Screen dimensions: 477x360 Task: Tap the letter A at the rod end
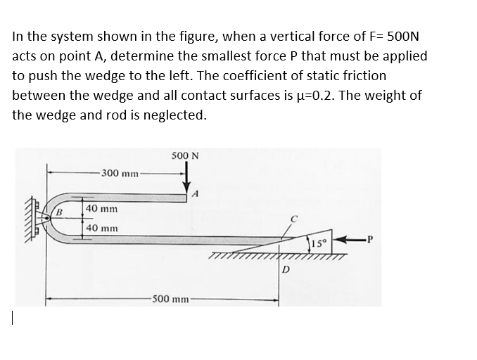pos(198,194)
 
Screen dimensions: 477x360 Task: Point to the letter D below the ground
pos(286,269)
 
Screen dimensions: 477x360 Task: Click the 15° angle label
pos(319,244)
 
